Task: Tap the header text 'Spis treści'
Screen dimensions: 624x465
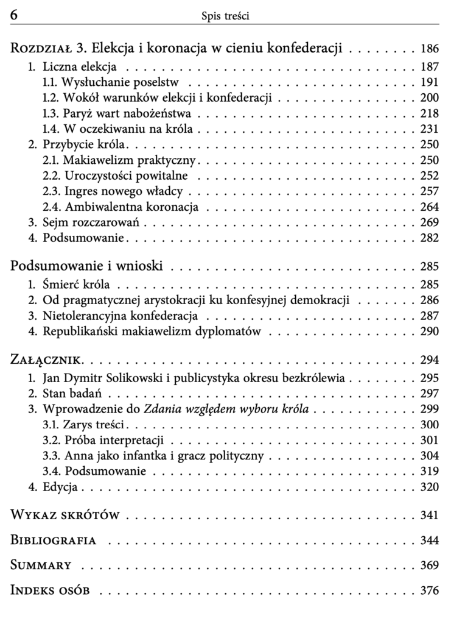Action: pos(225,16)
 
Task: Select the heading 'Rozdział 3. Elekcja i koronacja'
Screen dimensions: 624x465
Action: pos(177,48)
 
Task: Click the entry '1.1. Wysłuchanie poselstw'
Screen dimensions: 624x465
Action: pos(115,82)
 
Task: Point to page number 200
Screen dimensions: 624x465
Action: pos(429,97)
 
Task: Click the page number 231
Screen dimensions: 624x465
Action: pos(429,129)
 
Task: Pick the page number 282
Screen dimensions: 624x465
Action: pos(429,238)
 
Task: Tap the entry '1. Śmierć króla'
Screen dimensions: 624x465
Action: pos(73,285)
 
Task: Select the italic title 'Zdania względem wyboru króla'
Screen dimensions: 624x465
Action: pos(226,409)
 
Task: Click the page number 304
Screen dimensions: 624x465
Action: pos(429,456)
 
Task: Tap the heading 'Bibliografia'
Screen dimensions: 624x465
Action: pos(54,541)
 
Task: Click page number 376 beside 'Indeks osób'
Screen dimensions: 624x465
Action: pos(429,590)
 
